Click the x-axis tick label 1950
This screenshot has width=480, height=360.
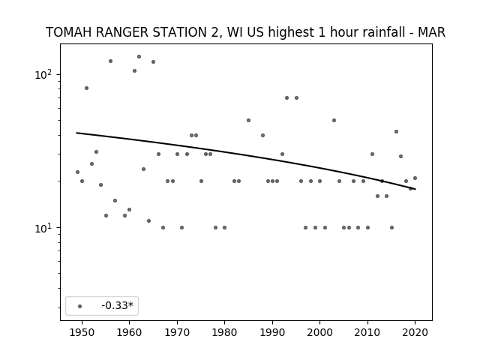point(82,332)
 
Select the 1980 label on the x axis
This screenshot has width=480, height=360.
point(224,332)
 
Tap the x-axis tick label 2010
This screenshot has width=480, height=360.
point(367,332)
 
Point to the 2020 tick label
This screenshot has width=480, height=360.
point(415,332)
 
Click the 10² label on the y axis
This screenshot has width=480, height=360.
point(43,74)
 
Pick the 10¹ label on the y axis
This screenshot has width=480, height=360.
point(43,228)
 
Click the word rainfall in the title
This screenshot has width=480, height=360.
point(385,32)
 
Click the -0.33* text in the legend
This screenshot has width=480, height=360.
point(118,305)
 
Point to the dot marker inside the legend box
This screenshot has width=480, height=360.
point(80,306)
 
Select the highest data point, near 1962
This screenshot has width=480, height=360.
point(139,57)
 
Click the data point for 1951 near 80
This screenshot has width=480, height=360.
point(87,88)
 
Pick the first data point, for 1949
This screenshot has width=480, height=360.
point(77,172)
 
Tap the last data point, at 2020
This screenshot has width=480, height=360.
point(415,178)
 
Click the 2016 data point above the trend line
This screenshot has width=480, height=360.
point(397,132)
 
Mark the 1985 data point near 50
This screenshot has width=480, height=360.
point(248,120)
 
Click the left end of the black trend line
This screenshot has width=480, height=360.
point(76,133)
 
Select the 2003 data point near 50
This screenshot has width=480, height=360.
point(334,120)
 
